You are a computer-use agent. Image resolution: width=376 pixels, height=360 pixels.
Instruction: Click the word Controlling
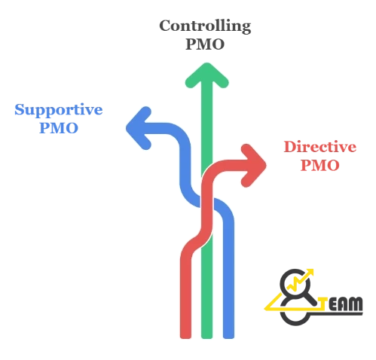pyautogui.click(x=205, y=26)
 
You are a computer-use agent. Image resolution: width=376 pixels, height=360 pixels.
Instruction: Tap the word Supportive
pyautogui.click(x=59, y=110)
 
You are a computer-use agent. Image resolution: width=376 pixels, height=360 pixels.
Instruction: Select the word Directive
pyautogui.click(x=320, y=147)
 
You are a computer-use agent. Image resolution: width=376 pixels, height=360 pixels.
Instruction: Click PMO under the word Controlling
pyautogui.click(x=205, y=44)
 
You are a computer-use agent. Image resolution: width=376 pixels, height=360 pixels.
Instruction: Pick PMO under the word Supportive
pyautogui.click(x=59, y=128)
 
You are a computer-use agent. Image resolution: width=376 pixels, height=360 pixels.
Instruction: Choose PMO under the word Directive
pyautogui.click(x=320, y=166)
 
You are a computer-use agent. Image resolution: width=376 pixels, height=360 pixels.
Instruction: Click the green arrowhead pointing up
pyautogui.click(x=207, y=75)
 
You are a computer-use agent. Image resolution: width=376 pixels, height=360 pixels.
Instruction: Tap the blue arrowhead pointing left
pyautogui.click(x=139, y=128)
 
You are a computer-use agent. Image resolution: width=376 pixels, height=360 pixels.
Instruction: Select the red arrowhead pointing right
pyautogui.click(x=254, y=165)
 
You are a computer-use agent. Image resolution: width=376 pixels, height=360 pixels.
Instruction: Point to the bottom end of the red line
pyautogui.click(x=185, y=337)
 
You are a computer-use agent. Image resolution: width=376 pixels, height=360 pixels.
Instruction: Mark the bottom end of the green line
pyautogui.click(x=206, y=337)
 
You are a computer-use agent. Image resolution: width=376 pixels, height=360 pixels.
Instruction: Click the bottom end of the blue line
pyautogui.click(x=228, y=337)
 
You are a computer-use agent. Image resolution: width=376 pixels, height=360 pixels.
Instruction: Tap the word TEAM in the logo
pyautogui.click(x=341, y=304)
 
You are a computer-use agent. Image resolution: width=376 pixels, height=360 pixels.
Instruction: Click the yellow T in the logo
pyautogui.click(x=323, y=304)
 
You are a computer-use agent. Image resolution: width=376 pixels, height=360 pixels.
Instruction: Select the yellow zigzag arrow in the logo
pyautogui.click(x=301, y=280)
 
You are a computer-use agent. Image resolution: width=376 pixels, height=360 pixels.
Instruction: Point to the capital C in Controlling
pyautogui.click(x=167, y=26)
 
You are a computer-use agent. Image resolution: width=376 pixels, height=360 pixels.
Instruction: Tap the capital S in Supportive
pyautogui.click(x=20, y=109)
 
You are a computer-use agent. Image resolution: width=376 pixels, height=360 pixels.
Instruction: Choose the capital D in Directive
pyautogui.click(x=291, y=147)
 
